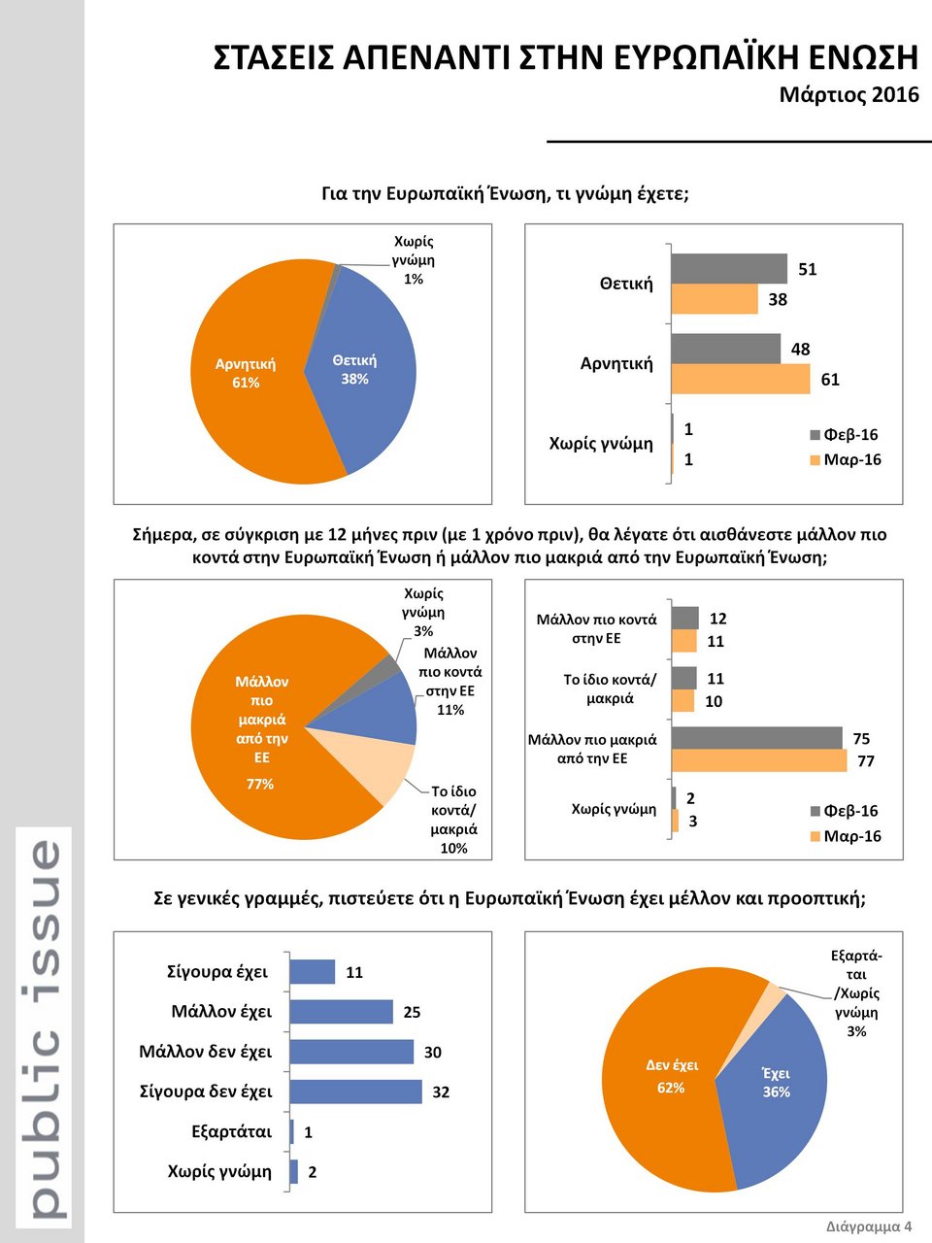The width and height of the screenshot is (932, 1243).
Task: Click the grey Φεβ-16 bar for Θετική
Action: [x=728, y=268]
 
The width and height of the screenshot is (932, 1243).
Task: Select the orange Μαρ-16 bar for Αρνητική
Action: [x=740, y=379]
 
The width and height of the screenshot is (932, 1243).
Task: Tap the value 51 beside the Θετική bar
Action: [x=808, y=269]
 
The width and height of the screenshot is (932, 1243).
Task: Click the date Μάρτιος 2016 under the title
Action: [x=849, y=95]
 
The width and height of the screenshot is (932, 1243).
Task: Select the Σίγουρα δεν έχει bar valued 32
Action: [x=355, y=1092]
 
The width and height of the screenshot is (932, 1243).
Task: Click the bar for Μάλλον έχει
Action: [x=341, y=1012]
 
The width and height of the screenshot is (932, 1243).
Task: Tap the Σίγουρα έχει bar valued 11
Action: [x=312, y=971]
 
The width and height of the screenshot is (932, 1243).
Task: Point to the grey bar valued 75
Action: [x=756, y=738]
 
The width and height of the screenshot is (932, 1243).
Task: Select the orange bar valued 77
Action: [x=758, y=761]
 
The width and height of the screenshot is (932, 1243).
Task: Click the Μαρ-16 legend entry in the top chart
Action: [x=846, y=459]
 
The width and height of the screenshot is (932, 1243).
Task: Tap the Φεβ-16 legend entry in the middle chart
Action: [x=844, y=811]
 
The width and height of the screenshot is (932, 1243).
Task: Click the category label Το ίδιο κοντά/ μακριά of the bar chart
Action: [x=610, y=689]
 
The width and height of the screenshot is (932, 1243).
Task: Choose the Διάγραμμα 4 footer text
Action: [x=869, y=1226]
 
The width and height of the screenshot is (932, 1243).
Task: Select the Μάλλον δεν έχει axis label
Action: [x=206, y=1052]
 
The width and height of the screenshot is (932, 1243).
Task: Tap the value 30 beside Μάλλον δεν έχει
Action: [x=432, y=1052]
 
